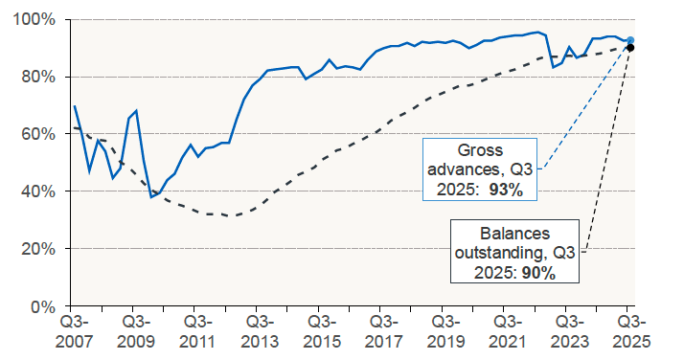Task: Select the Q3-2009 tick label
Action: point(135,331)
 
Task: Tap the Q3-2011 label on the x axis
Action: point(197,331)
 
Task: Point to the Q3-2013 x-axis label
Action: point(259,331)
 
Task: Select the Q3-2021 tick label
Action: point(506,331)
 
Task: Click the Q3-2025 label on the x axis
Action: point(629,331)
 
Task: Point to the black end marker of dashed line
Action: point(629,47)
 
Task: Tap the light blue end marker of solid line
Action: point(629,40)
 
